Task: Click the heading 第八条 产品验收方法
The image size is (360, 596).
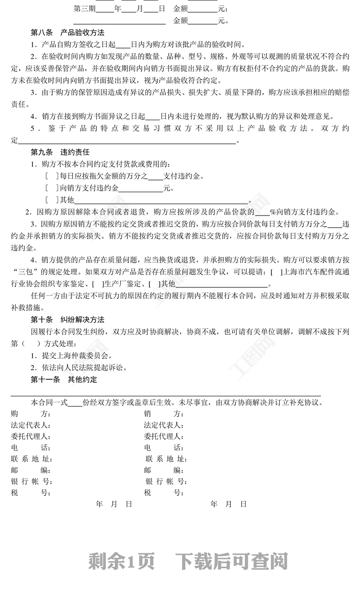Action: tap(67, 33)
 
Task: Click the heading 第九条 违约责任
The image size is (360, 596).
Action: tap(60, 152)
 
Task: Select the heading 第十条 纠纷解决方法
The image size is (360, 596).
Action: tap(67, 320)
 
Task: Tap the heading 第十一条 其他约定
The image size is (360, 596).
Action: tap(64, 380)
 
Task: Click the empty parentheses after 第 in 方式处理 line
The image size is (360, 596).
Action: tap(28, 344)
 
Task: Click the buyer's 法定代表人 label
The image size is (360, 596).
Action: tap(31, 425)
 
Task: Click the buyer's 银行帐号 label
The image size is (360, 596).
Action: tap(31, 482)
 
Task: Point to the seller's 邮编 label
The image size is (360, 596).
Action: tap(164, 471)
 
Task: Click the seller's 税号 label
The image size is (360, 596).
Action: tap(164, 493)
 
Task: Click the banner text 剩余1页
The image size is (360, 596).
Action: tap(121, 561)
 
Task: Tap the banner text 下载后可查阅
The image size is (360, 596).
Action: tap(231, 561)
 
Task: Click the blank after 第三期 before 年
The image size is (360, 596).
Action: tap(105, 9)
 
